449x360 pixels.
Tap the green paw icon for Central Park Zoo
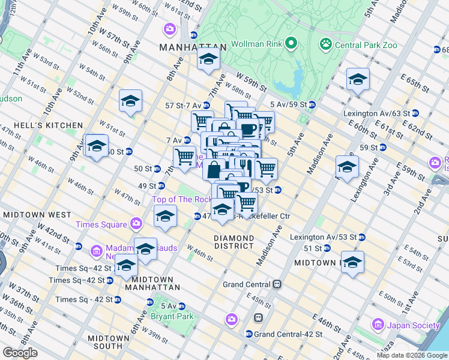coord(326,43)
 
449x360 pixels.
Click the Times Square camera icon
coord(136,224)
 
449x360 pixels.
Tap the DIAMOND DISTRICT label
coord(233,242)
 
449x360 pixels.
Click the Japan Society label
coord(414,325)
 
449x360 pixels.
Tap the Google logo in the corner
coord(20,352)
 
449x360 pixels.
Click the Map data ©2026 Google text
coord(412,355)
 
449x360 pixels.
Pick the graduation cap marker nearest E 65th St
coord(358,79)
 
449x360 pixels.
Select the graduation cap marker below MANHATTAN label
coord(208,59)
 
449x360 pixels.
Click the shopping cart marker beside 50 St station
coord(184,157)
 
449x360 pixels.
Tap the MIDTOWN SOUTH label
coord(108,342)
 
